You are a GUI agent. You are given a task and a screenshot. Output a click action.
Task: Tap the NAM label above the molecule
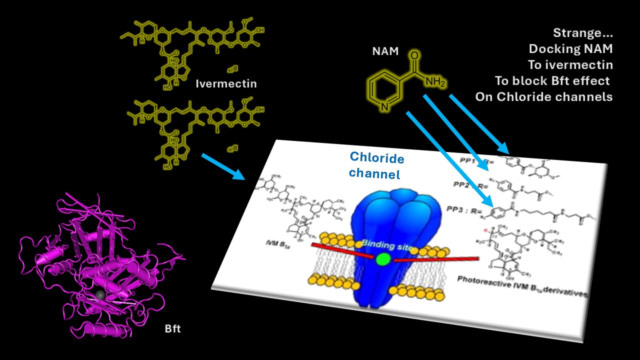point(385,50)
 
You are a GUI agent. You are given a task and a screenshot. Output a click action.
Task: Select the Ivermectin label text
point(226,83)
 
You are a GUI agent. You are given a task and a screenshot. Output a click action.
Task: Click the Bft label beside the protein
point(172,329)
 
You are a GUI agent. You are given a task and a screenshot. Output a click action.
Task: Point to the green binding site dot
point(383,259)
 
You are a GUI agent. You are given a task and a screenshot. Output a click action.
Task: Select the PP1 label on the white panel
point(466,160)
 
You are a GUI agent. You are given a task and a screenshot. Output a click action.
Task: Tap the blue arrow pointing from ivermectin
point(223,166)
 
